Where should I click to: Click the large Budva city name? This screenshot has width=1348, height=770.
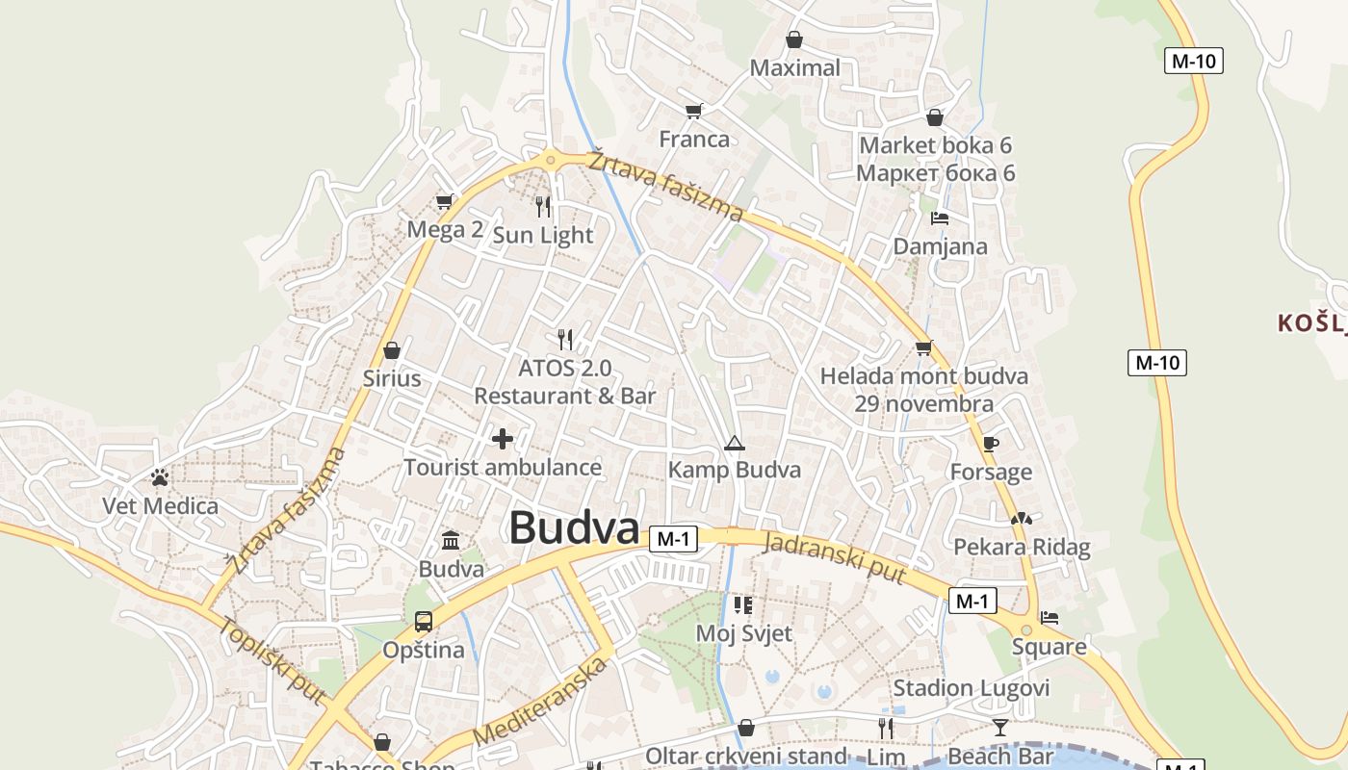tap(574, 527)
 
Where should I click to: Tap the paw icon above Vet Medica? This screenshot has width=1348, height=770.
tap(160, 477)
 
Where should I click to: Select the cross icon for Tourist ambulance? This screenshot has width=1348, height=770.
tap(503, 439)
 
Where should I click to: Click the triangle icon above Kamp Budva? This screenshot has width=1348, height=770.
tap(735, 444)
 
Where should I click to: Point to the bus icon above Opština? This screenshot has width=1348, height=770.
tap(424, 622)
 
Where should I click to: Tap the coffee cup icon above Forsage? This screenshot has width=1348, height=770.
tap(991, 444)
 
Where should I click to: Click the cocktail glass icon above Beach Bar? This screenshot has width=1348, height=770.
tap(1000, 728)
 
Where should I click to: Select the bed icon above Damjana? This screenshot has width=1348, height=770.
tap(941, 218)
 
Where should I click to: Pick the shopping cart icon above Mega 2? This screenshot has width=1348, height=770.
tap(444, 201)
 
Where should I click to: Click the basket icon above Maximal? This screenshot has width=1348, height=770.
tap(794, 39)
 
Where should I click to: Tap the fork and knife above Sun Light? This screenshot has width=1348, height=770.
tap(543, 206)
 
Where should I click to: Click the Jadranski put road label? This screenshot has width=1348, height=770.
tap(835, 557)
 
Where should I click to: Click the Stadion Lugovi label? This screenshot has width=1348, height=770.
tap(971, 688)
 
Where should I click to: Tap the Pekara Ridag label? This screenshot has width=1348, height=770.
tap(1022, 548)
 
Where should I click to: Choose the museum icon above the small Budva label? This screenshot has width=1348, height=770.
tap(451, 540)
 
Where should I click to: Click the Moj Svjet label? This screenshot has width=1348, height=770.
tap(743, 633)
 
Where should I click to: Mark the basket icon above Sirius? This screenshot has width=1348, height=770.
tap(392, 350)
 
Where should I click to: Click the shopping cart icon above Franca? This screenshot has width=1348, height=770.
tap(693, 111)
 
